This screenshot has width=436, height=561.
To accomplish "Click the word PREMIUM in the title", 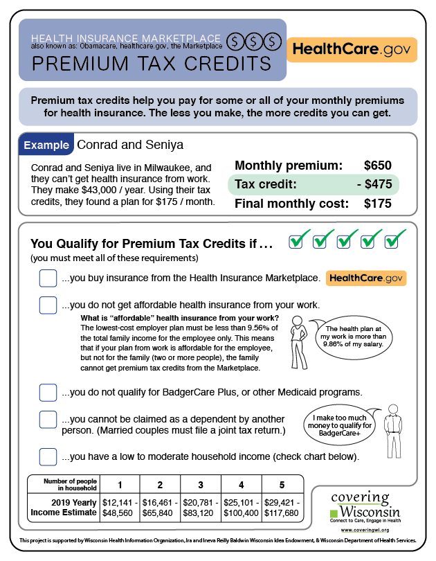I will [72, 64].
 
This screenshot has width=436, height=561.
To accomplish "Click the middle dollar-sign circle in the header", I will [254, 42].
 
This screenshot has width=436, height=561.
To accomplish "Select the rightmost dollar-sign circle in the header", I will [273, 42].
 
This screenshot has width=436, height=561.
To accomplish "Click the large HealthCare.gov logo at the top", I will [352, 50].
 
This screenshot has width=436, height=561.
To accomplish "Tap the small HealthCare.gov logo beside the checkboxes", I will [366, 278].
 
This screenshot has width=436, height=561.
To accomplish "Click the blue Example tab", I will [46, 145].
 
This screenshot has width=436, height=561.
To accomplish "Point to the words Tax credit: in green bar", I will [266, 184].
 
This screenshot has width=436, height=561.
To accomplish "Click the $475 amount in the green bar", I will [378, 184].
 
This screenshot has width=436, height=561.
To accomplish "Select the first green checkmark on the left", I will [298, 239].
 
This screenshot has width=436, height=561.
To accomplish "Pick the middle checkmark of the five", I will [347, 239].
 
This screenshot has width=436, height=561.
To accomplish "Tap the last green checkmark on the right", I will [394, 239].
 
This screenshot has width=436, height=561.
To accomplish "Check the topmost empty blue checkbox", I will [48, 278].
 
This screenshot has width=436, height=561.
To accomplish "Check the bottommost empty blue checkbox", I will [48, 457].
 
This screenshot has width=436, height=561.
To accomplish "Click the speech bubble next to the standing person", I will [354, 338].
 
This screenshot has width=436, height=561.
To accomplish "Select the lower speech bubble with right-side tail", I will [338, 425].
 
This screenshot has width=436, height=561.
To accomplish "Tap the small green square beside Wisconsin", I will [334, 514].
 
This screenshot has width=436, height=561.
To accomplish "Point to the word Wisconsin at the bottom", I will [370, 513].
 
